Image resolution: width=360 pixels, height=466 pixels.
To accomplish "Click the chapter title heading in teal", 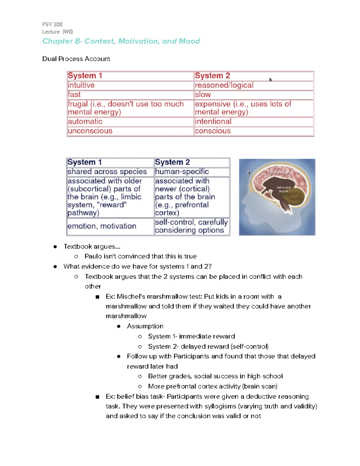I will pyautogui.click(x=121, y=41).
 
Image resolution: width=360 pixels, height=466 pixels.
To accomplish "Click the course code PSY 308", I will pyautogui.click(x=52, y=24).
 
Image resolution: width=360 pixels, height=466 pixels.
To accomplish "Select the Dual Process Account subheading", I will pyautogui.click(x=76, y=59).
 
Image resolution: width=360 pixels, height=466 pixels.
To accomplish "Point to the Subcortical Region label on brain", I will pyautogui.click(x=283, y=189).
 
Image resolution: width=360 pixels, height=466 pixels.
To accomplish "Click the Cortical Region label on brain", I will pyautogui.click(x=278, y=172).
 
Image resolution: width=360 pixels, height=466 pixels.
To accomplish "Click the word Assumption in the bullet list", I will pyautogui.click(x=145, y=326).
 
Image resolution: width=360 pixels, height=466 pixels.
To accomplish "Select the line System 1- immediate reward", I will pyautogui.click(x=191, y=336).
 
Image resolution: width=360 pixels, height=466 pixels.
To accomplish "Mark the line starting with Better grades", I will pyautogui.click(x=215, y=376).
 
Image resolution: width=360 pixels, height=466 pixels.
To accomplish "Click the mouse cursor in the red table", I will pyautogui.click(x=270, y=80).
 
